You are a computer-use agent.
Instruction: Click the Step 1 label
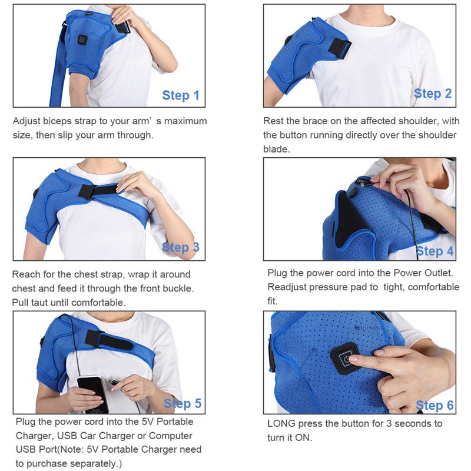(x=181, y=96)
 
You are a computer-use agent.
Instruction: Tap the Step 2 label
(x=432, y=93)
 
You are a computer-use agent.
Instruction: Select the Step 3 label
(x=181, y=248)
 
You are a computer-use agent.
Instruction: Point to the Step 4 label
(x=434, y=251)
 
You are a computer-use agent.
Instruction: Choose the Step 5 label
(x=182, y=403)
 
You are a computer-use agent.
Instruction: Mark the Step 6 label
(x=434, y=405)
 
